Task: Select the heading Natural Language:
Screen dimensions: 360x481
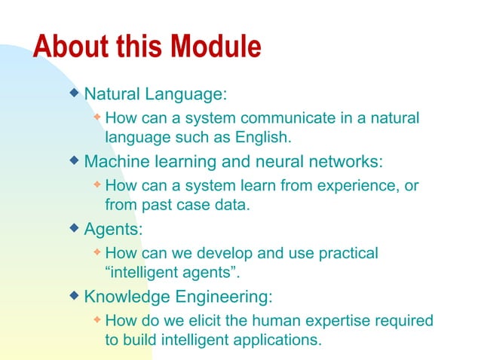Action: [156, 96]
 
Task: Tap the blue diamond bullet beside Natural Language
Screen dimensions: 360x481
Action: [74, 93]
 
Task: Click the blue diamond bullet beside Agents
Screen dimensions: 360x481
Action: [74, 226]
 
